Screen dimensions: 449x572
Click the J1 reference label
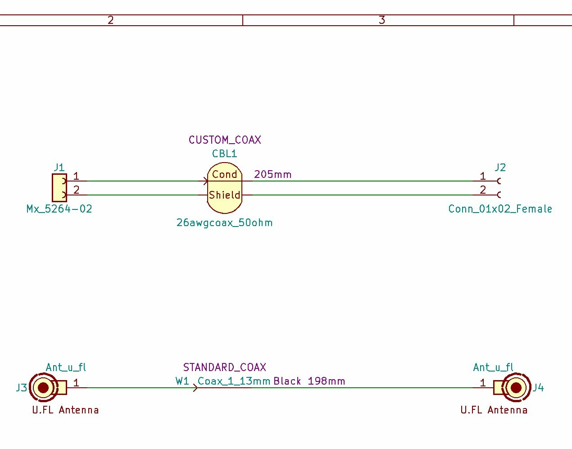pyautogui.click(x=59, y=168)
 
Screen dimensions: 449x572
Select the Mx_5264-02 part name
pyautogui.click(x=59, y=209)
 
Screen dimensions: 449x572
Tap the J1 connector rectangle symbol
pyautogui.click(x=59, y=187)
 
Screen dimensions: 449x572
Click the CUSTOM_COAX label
pyautogui.click(x=225, y=140)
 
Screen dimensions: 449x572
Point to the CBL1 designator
pyautogui.click(x=224, y=154)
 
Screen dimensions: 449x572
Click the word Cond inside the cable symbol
pyautogui.click(x=224, y=174)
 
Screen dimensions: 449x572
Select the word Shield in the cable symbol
pyautogui.click(x=224, y=195)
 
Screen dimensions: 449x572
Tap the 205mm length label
pyautogui.click(x=272, y=174)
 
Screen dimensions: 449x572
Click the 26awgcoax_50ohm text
pyautogui.click(x=224, y=222)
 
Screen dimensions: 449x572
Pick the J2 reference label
pyautogui.click(x=500, y=168)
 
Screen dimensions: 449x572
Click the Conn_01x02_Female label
pyautogui.click(x=500, y=209)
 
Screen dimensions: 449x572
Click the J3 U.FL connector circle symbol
pyautogui.click(x=43, y=387)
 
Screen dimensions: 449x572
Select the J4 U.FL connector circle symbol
pyautogui.click(x=516, y=387)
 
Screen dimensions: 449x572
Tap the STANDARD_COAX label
pyautogui.click(x=224, y=367)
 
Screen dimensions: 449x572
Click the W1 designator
pyautogui.click(x=182, y=381)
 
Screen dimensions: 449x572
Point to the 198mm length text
pyautogui.click(x=326, y=381)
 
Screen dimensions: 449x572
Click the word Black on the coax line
pyautogui.click(x=287, y=381)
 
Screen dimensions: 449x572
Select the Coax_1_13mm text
pyautogui.click(x=234, y=381)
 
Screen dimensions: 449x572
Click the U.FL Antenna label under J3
pyautogui.click(x=65, y=410)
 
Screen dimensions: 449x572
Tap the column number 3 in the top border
pyautogui.click(x=381, y=20)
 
